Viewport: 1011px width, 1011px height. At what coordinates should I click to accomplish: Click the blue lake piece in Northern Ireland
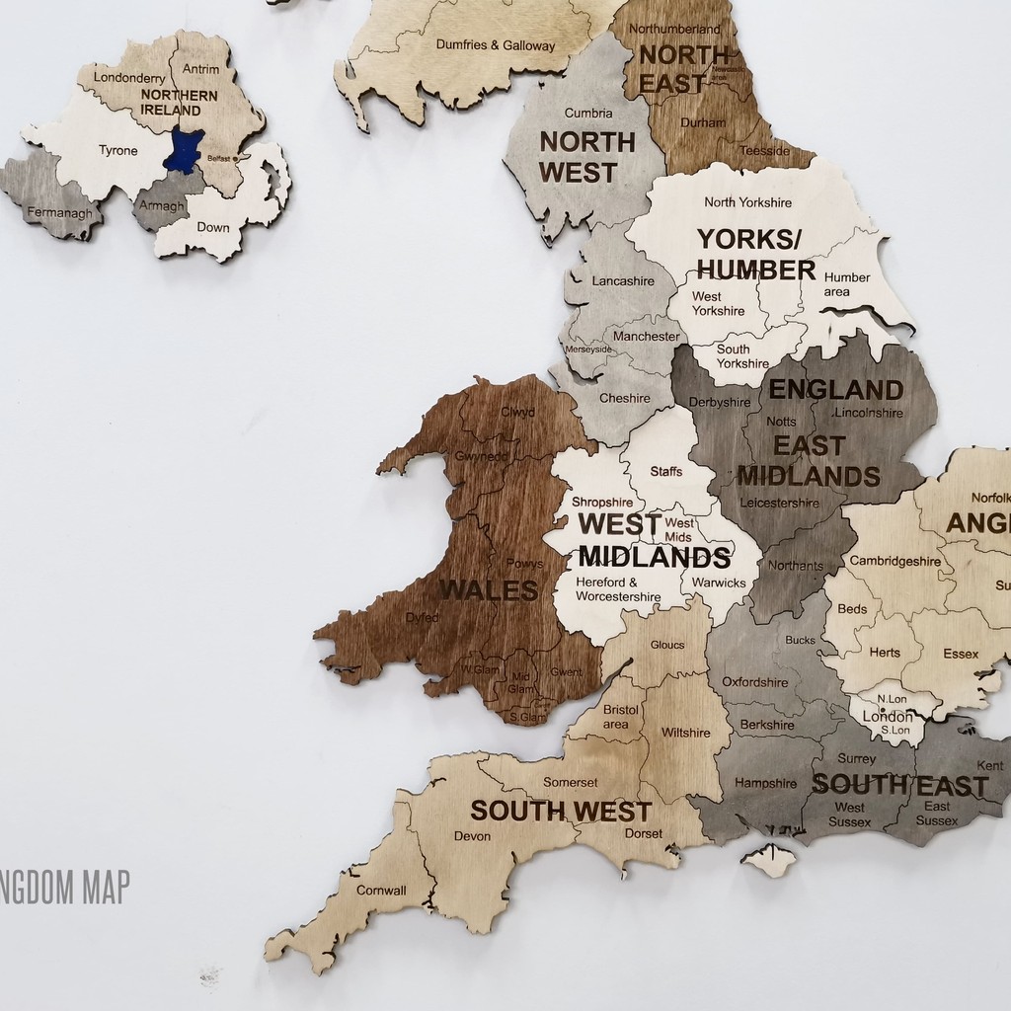pos(185,149)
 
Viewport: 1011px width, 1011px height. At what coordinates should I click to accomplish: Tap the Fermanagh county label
pos(59,212)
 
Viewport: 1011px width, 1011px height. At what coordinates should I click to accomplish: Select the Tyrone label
pos(117,151)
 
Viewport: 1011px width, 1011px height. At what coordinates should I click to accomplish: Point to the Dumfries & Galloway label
pos(496,45)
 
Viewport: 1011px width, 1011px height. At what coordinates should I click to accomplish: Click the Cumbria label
pos(588,114)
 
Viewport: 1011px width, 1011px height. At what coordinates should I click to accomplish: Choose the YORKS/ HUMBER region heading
pos(756,255)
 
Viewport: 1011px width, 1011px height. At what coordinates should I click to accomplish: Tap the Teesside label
pos(765,151)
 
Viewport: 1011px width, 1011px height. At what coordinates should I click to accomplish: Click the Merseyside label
pos(587,350)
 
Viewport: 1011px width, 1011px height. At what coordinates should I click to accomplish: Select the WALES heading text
pos(489,590)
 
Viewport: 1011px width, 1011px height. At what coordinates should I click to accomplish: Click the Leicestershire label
pos(779,503)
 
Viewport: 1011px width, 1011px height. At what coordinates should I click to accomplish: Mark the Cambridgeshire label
pos(895,561)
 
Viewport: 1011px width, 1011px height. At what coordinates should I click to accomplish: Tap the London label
pos(888,716)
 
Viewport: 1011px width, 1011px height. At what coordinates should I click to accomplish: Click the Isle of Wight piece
pos(768,860)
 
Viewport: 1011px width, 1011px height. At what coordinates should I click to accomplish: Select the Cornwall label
pos(380,890)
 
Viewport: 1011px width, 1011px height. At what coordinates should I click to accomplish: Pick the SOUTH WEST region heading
pos(561,812)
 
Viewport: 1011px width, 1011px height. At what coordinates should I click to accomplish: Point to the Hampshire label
pos(766,783)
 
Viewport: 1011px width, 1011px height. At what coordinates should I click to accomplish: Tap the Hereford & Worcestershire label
pos(618,589)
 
